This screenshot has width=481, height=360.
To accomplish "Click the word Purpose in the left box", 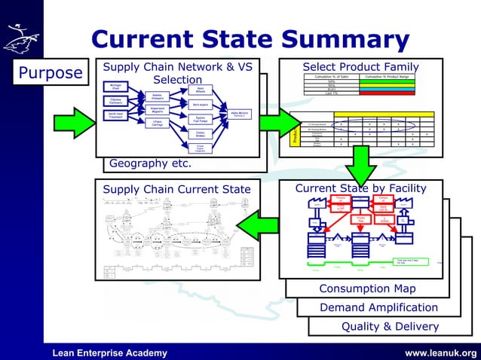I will (x=51, y=73).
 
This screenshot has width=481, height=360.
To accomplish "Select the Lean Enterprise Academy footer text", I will (x=109, y=352).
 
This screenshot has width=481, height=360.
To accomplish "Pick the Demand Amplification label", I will (x=378, y=307).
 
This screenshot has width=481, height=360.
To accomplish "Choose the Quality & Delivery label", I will (x=390, y=326).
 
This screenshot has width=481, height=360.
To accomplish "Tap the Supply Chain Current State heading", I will (x=177, y=189).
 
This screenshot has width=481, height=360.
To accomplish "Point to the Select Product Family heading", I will (x=360, y=67).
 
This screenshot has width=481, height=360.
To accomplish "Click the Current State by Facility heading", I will (x=360, y=188).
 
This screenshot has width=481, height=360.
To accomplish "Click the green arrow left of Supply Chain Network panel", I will (x=74, y=122).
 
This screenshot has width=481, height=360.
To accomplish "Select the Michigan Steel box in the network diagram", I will (x=112, y=87).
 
